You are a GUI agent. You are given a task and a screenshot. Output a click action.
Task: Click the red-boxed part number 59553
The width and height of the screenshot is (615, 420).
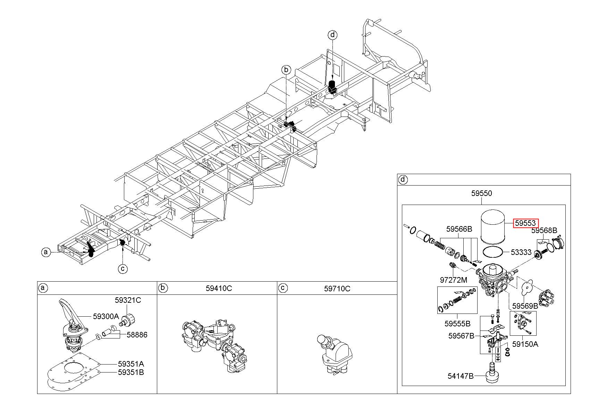point(526,223)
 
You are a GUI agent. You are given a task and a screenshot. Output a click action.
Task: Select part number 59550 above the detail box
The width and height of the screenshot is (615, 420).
point(481,194)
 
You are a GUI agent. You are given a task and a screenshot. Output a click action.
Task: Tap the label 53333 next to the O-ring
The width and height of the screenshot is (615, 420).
point(521,252)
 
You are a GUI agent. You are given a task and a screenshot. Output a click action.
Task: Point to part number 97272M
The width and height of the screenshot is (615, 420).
point(453,280)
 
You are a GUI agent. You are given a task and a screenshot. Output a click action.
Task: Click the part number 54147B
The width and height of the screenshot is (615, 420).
point(460,376)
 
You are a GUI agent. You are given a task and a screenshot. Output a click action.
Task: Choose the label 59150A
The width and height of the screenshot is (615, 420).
point(525,344)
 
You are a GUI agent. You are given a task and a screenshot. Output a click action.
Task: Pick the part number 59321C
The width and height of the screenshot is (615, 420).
point(128,300)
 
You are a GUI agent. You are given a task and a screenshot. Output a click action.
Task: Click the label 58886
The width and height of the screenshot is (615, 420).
point(137,335)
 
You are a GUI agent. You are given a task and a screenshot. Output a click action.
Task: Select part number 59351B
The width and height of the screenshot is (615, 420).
point(131,372)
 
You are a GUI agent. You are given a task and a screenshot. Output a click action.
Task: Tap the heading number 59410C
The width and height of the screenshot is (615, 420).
point(219,288)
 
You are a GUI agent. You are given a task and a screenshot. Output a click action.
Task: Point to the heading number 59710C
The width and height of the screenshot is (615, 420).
point(337,288)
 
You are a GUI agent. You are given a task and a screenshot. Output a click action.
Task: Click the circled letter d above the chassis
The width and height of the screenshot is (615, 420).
point(332,35)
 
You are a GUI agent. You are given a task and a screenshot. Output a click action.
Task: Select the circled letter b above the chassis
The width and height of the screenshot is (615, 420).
point(286,70)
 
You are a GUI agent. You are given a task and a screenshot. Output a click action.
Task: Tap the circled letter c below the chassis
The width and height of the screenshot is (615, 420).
point(123,268)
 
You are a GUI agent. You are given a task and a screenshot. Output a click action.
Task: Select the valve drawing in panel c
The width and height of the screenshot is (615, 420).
point(335,354)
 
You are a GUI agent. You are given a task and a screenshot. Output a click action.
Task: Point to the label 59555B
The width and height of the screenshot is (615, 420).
point(457,324)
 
